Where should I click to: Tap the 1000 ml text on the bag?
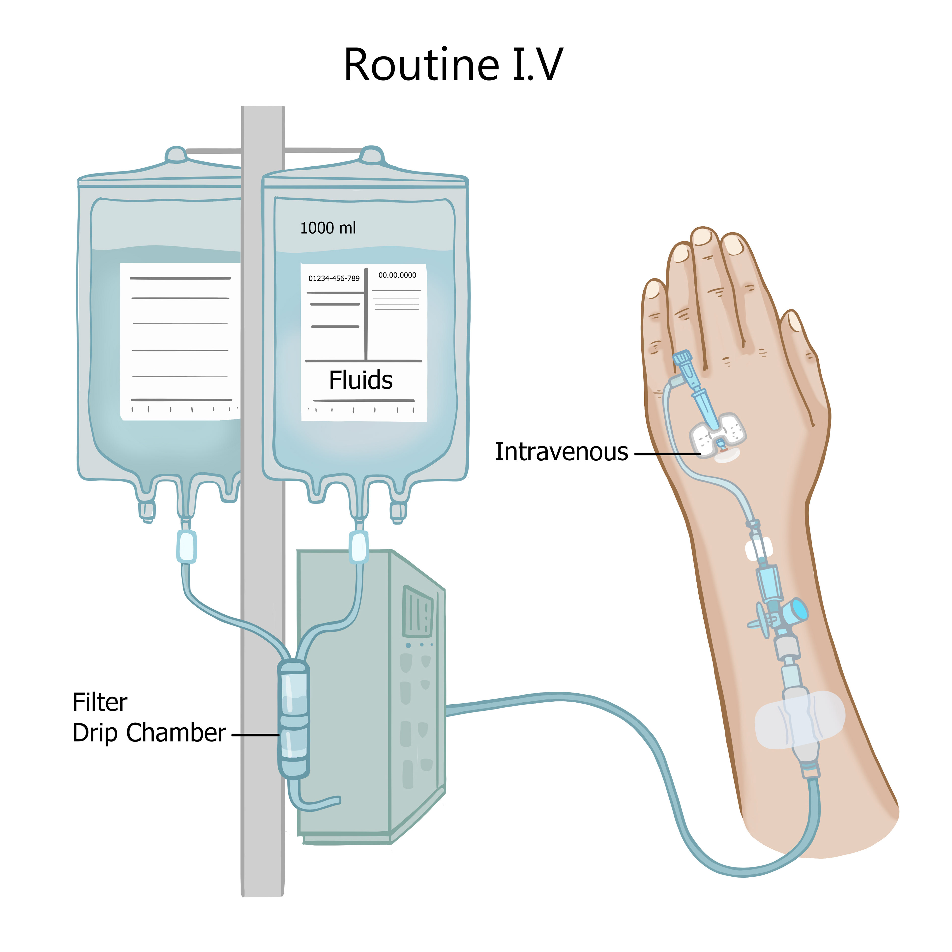tap(328, 228)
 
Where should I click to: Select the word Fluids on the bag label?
tap(361, 380)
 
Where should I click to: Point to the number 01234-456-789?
tap(334, 278)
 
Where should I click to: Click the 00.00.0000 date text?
tap(397, 275)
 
